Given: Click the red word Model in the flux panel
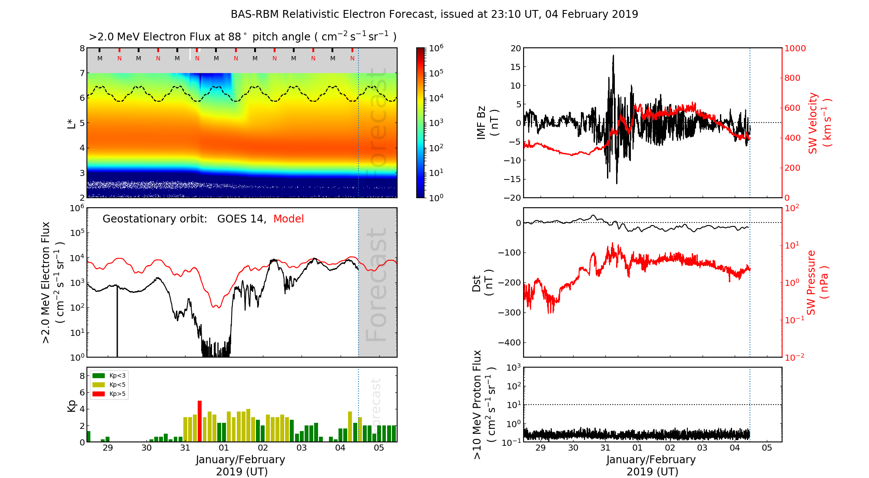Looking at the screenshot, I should click(289, 219).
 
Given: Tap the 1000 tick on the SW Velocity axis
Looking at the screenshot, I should click(795, 48).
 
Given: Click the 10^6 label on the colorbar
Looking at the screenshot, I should click(436, 48).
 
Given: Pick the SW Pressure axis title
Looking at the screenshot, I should click(817, 282).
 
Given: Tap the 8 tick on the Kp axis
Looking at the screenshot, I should click(82, 376).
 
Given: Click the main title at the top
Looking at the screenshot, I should click(434, 14).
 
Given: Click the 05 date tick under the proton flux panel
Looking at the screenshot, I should click(767, 448).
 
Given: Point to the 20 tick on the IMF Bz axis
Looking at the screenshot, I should click(515, 48).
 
